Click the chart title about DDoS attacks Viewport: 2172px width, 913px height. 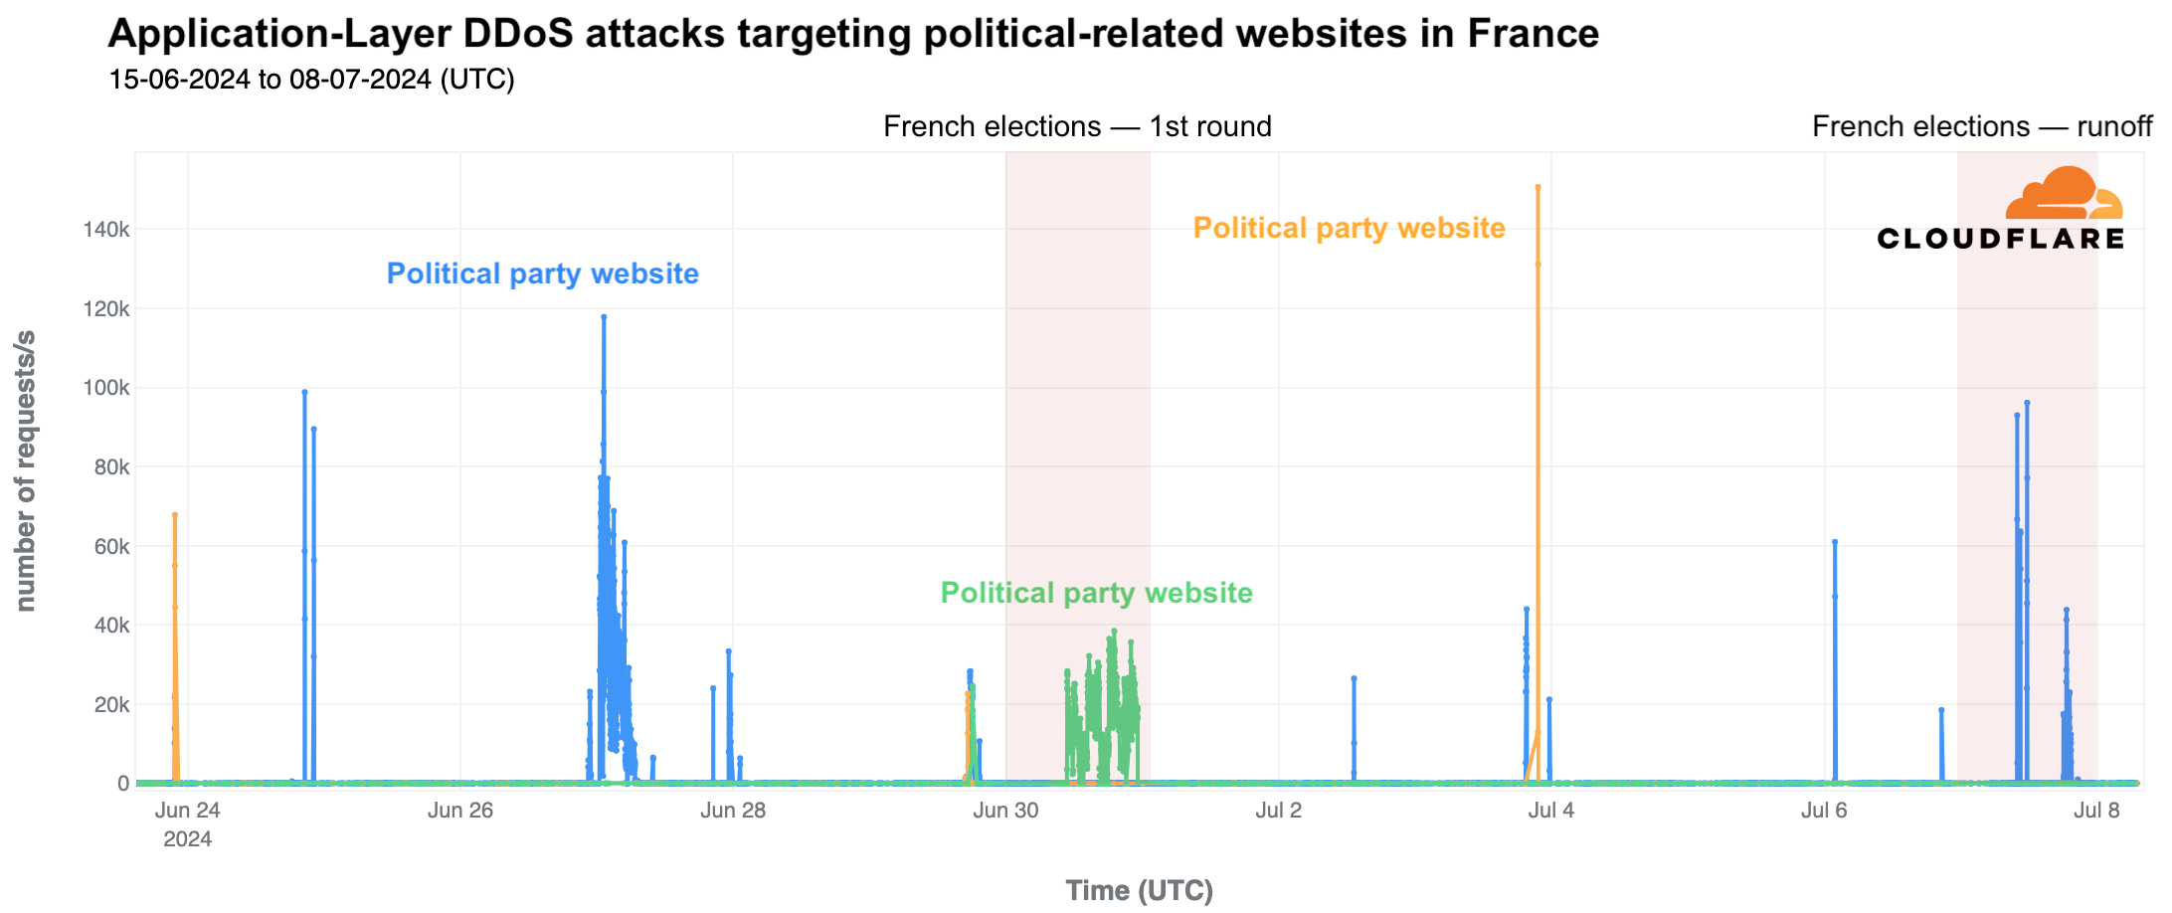click(x=852, y=34)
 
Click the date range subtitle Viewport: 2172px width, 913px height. click(x=311, y=80)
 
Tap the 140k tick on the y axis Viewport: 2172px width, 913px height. click(x=106, y=230)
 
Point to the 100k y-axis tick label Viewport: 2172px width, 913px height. click(x=106, y=388)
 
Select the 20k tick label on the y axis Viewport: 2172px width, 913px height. click(x=110, y=705)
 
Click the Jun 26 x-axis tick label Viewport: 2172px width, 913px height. click(x=460, y=811)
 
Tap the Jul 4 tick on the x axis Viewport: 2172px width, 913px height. click(x=1550, y=811)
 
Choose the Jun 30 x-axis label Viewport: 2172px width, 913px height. click(x=1005, y=811)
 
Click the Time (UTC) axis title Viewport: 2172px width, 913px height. click(x=1139, y=890)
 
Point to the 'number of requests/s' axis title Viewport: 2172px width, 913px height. click(x=26, y=469)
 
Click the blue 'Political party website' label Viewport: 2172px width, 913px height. click(x=542, y=274)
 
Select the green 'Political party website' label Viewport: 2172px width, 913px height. click(x=1096, y=593)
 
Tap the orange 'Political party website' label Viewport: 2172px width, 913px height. click(x=1349, y=228)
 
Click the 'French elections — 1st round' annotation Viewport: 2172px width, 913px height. click(x=1077, y=127)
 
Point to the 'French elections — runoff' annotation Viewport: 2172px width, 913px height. click(x=1981, y=127)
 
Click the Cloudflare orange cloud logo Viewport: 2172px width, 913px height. click(x=2064, y=193)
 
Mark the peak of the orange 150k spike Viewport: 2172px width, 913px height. click(x=1538, y=187)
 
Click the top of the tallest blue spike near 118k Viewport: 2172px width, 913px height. click(x=604, y=317)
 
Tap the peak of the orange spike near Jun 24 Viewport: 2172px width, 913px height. click(x=175, y=515)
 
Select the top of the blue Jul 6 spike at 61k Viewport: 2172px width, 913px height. click(x=1835, y=542)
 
